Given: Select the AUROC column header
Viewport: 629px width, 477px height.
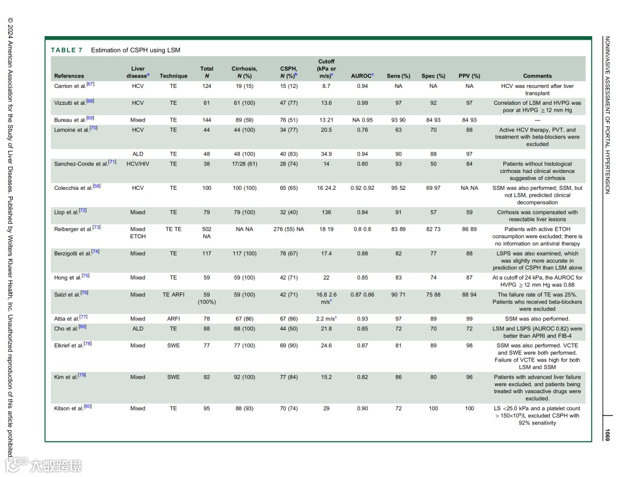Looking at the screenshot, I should point(362,76).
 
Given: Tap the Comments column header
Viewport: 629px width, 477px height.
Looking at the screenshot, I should point(537,76).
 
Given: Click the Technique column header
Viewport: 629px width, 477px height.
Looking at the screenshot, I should point(174,76).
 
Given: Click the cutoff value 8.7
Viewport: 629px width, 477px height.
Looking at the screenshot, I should point(326,86).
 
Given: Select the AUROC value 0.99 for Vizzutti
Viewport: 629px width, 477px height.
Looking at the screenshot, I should point(362,103).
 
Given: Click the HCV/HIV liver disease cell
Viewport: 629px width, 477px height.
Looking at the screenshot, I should point(138,164).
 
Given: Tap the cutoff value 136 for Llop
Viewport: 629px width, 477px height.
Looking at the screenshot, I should point(326,213).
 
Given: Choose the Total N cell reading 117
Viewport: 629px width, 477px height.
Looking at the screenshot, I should point(206,254).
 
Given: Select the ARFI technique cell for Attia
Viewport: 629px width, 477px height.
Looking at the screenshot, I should point(174,319).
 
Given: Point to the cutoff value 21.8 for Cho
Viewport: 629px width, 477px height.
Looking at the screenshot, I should point(326,329).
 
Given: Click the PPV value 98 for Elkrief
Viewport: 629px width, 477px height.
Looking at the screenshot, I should point(469,346).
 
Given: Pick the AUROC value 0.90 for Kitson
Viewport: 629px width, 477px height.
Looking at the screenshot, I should point(362,409).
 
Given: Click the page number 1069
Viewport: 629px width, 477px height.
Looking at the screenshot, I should point(607,434).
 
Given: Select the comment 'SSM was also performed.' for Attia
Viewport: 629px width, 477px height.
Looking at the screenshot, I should point(537,319).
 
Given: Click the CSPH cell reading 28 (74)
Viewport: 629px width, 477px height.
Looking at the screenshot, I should point(288,164).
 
